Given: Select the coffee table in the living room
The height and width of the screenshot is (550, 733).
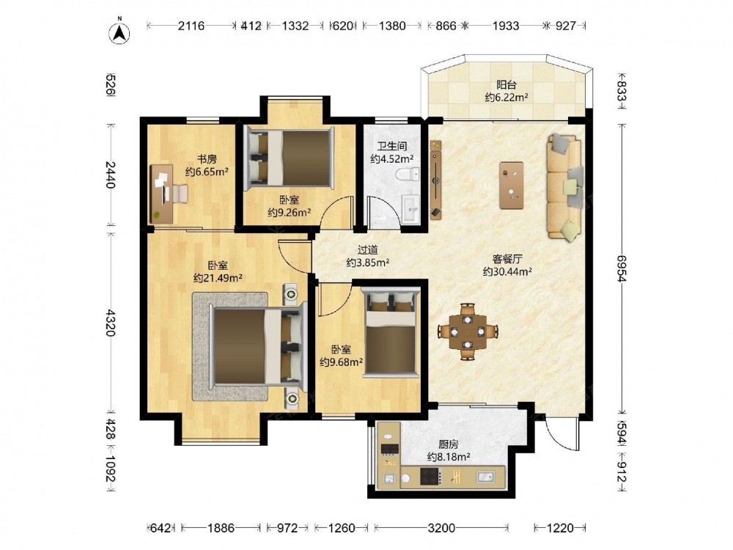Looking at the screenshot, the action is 511,186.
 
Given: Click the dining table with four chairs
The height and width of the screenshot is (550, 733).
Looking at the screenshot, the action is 468,331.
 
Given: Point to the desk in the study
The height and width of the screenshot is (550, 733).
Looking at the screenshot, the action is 161,194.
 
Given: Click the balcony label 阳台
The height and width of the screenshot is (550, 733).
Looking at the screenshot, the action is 507,85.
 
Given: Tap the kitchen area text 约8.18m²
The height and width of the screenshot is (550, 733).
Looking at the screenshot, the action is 449,456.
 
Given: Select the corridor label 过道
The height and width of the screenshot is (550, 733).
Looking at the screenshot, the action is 368,251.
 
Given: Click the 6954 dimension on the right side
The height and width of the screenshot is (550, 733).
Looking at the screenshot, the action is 621,268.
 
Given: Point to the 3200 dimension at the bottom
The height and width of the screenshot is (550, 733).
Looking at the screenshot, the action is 441,528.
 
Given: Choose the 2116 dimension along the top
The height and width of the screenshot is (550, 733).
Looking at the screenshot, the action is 191,26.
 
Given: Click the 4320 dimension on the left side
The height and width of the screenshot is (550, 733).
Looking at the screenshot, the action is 110,322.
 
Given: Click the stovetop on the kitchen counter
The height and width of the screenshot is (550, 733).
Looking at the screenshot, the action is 430,477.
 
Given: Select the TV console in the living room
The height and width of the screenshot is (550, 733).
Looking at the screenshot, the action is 435,180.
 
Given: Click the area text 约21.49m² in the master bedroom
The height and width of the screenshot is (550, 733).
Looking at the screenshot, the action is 218,278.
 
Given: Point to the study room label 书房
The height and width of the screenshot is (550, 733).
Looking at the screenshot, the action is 207,159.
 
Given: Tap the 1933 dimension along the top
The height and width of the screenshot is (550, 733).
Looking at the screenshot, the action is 505,26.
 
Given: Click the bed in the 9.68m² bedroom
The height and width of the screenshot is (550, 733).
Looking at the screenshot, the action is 391,333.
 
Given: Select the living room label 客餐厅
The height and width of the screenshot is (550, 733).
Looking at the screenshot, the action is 507,259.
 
